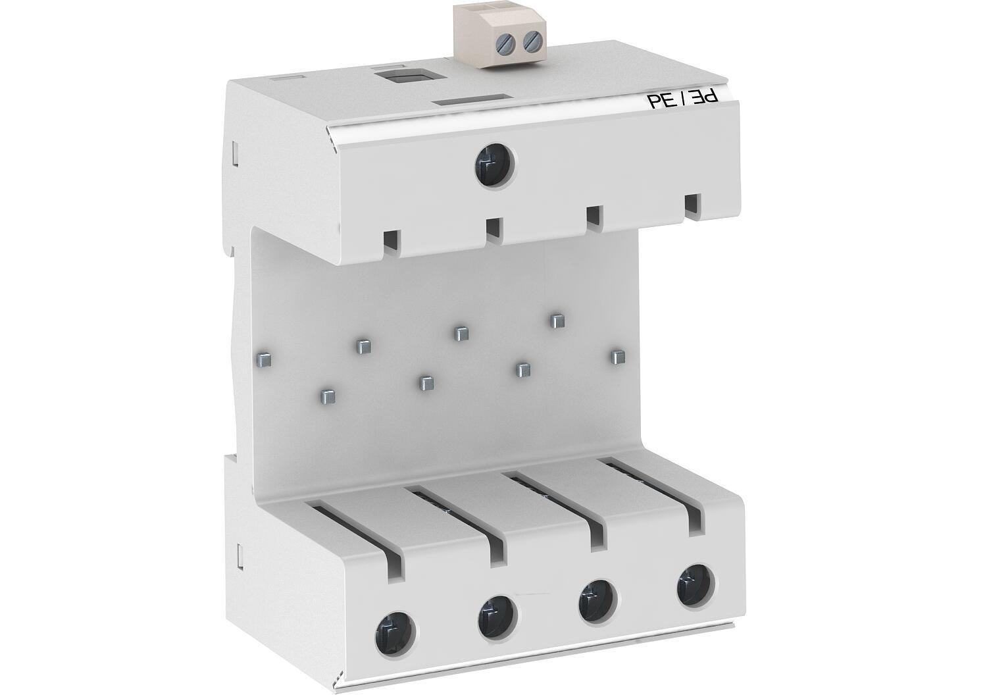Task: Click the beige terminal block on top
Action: point(499,33)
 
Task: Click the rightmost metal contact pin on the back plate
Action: point(617,356)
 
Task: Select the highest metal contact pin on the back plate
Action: point(557,321)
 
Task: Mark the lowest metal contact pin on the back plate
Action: point(327,396)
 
